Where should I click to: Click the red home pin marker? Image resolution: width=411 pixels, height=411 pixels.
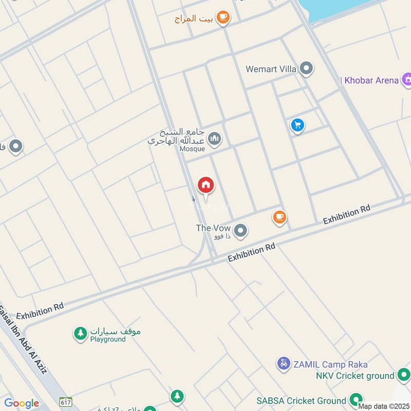coord(206,185)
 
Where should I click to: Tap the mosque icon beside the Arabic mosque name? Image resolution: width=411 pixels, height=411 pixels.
coord(215,138)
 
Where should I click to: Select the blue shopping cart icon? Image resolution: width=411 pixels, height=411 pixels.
coord(297,125)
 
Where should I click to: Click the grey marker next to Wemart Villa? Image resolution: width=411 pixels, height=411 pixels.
coord(307,68)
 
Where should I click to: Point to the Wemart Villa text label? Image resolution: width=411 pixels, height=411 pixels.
coord(271,69)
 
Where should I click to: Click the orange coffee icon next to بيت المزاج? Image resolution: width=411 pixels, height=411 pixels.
coord(223,18)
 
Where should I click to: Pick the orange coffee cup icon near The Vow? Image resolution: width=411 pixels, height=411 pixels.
coord(279,217)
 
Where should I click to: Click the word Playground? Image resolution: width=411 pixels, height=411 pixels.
coord(108,340)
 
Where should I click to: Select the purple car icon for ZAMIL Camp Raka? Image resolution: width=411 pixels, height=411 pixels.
coord(283,364)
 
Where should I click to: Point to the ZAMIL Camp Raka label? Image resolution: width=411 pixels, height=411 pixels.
coord(330,364)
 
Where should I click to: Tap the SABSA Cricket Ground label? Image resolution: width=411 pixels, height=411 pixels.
coord(302,400)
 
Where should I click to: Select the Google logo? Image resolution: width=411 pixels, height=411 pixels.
coord(22,403)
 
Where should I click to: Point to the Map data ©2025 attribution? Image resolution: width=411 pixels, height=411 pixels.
coord(383,406)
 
